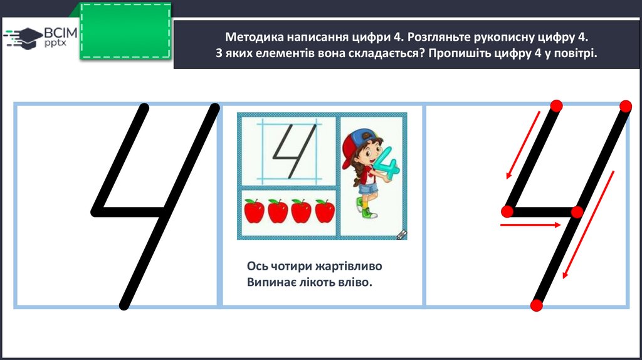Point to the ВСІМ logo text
click(61, 33)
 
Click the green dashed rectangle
click(125, 31)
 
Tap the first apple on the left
click(254, 211)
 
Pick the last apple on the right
click(325, 211)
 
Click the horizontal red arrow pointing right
click(530, 225)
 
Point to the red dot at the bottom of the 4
click(537, 305)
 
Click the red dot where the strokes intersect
click(577, 212)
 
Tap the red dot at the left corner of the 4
click(507, 211)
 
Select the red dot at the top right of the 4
click(626, 106)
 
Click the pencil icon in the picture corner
click(402, 235)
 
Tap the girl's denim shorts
click(367, 189)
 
